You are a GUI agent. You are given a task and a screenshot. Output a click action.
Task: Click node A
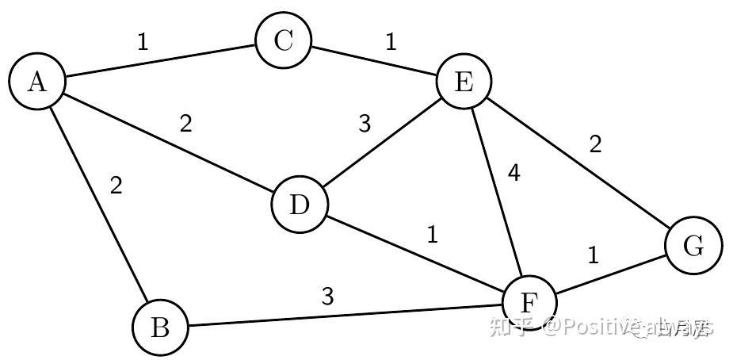(36, 82)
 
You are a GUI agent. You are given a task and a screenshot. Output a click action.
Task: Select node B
(160, 327)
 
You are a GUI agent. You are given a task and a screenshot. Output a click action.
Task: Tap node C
(284, 41)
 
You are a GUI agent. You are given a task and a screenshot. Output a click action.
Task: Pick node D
(299, 205)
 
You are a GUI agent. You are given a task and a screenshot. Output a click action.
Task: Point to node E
(464, 82)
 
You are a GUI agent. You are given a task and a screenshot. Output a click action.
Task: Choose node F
(529, 303)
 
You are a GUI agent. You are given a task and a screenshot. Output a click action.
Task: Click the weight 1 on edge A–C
(143, 42)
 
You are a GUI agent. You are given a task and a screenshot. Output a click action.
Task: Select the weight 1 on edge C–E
(391, 42)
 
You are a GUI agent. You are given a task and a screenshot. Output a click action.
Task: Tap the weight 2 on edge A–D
(185, 124)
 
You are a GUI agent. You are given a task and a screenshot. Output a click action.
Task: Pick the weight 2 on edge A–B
(116, 186)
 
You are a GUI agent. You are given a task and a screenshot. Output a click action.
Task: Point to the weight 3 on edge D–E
(365, 124)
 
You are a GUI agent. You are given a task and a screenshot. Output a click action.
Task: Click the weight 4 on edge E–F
(513, 174)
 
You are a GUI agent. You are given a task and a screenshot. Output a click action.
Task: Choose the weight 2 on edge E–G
(596, 144)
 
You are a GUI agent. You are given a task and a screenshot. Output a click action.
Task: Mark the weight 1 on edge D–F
(432, 236)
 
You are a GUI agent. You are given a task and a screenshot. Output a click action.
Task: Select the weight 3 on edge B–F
(327, 297)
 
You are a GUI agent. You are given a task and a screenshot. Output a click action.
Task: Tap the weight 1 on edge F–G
(594, 256)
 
